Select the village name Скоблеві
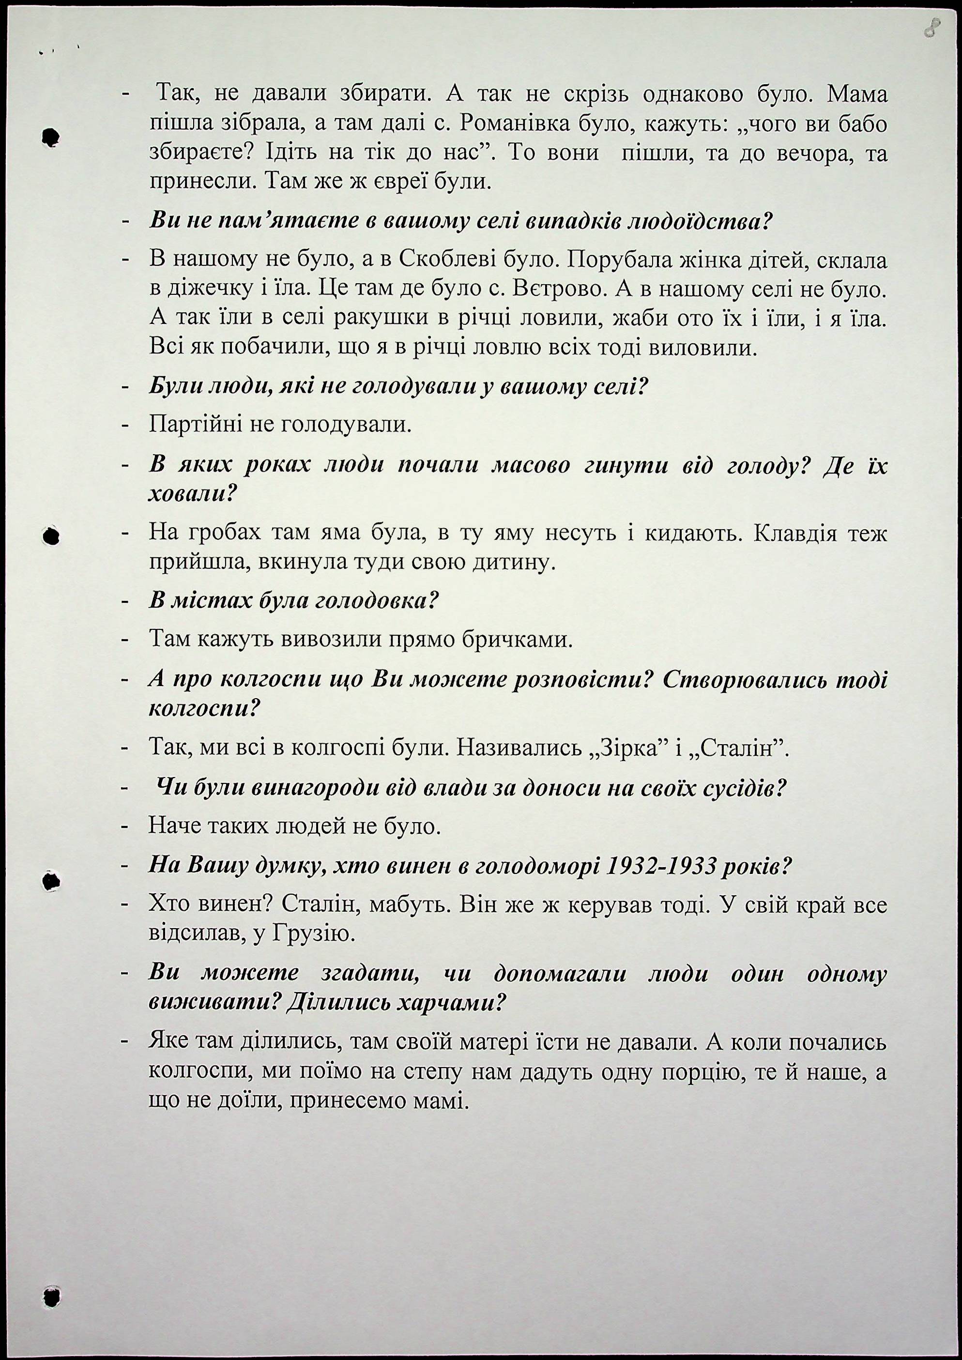coord(446,260)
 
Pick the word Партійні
coord(210,424)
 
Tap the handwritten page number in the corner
coord(932,27)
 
